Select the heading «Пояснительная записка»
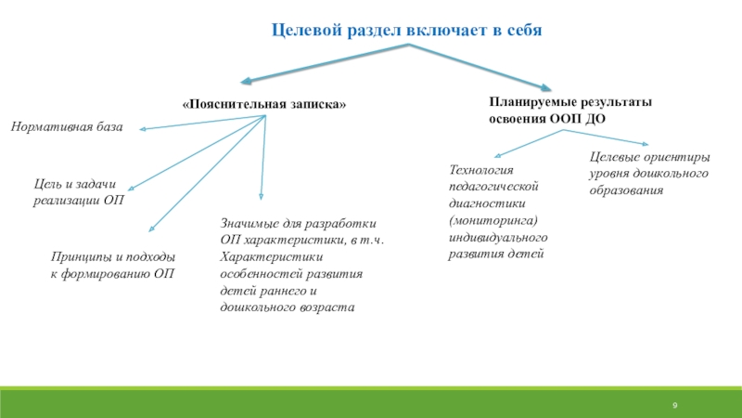click(x=264, y=105)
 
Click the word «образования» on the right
click(x=626, y=190)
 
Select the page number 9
click(x=675, y=406)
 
